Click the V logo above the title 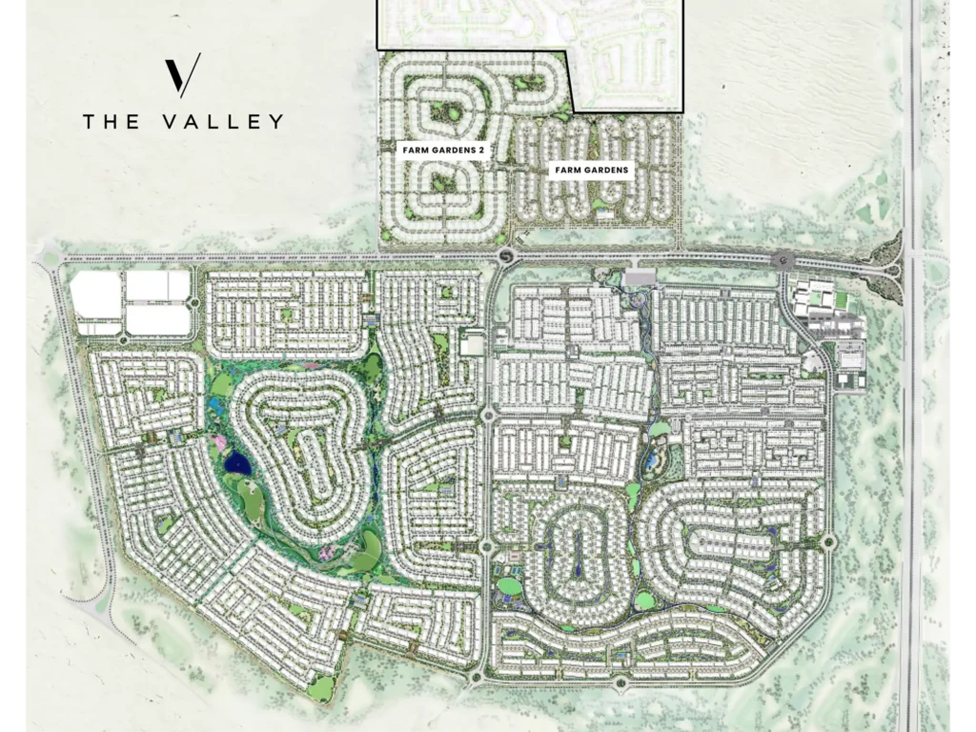182,75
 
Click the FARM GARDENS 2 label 441,150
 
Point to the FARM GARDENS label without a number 592,171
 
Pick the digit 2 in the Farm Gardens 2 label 483,150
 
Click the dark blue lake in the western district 236,464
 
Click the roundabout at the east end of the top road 783,259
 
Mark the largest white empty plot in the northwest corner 97,295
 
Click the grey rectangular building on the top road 641,276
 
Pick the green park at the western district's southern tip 322,687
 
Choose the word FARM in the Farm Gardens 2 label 412,150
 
